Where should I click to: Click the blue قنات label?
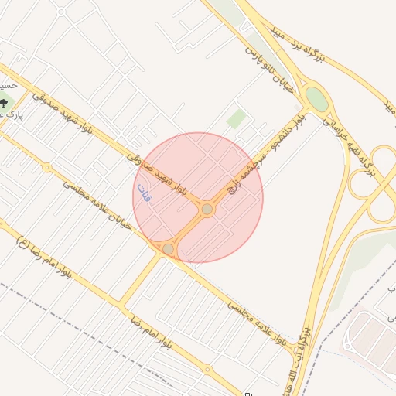pos(144,193)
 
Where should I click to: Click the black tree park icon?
pos(5,103)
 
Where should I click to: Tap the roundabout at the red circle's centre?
pos(207,210)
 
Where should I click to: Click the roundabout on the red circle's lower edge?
pos(168,248)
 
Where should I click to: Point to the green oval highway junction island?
pos(316,98)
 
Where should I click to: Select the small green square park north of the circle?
pos(237,119)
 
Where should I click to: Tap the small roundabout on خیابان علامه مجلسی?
pos(47,166)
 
